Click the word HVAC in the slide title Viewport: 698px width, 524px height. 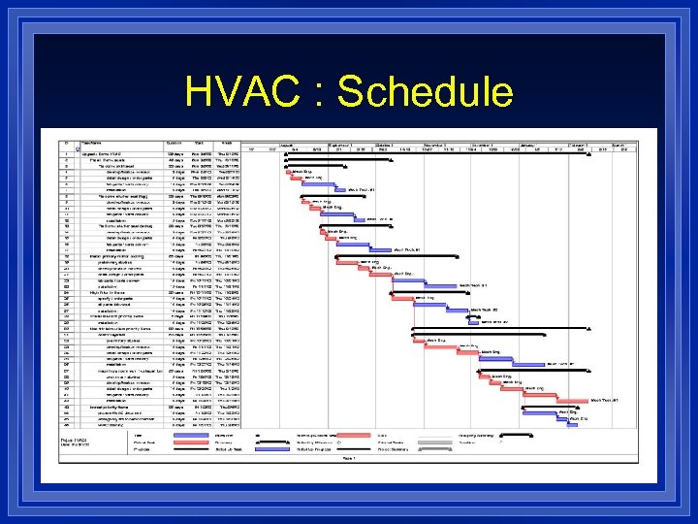pos(246,92)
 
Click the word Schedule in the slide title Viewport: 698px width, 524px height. pos(424,92)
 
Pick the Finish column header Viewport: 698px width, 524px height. pos(228,144)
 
